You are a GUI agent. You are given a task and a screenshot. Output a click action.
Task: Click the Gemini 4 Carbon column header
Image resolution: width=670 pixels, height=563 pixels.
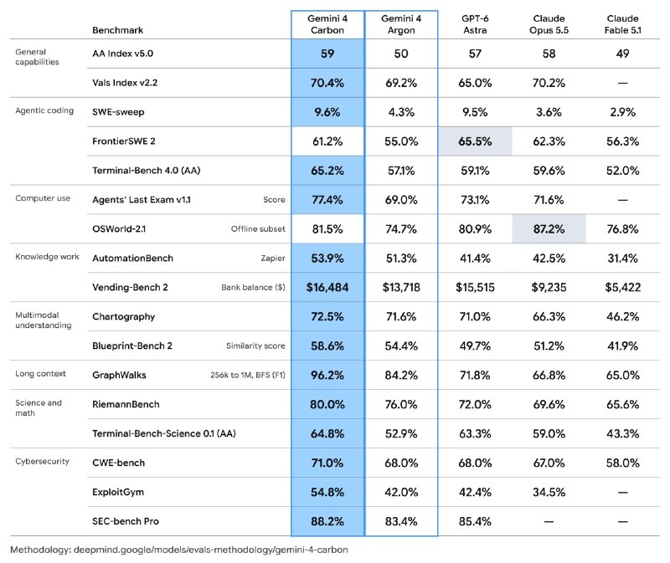(x=327, y=24)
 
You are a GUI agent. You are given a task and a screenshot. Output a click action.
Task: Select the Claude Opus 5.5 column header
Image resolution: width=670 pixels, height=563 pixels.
(x=549, y=24)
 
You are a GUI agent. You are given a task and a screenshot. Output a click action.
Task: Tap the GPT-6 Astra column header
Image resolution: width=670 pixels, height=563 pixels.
(x=475, y=24)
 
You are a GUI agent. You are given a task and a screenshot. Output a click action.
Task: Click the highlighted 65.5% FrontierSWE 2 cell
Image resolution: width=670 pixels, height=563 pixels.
(x=475, y=141)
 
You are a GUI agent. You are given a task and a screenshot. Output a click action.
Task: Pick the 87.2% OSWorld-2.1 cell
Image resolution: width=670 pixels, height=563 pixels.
(x=549, y=229)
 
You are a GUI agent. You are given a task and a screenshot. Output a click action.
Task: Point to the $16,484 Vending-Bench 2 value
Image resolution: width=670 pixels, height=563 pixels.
(x=327, y=287)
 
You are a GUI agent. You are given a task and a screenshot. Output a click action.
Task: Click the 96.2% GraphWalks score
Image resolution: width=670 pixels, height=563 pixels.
(x=327, y=375)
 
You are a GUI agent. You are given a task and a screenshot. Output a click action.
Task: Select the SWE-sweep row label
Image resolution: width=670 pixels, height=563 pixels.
(x=118, y=112)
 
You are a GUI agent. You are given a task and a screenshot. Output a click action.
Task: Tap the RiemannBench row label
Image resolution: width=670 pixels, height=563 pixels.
(x=126, y=404)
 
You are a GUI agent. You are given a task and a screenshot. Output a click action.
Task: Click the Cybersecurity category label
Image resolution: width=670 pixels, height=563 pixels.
(x=42, y=462)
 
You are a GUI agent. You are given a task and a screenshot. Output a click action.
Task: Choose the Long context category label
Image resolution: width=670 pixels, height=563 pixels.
(x=40, y=374)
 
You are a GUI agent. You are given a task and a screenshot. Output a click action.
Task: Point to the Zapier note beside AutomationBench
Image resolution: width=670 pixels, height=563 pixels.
(x=273, y=258)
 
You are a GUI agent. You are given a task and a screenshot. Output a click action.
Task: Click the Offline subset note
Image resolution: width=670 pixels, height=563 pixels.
(x=258, y=228)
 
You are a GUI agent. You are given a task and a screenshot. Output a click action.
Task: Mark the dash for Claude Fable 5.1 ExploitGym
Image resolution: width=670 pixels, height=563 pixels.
(x=622, y=492)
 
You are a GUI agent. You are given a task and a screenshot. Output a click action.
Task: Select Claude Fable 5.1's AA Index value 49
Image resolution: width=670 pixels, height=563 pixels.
(x=622, y=54)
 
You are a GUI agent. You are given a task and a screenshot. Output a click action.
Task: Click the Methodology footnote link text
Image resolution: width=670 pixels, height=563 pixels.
(x=179, y=550)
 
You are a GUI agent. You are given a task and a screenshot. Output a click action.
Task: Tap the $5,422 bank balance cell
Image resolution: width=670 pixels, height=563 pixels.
(x=622, y=287)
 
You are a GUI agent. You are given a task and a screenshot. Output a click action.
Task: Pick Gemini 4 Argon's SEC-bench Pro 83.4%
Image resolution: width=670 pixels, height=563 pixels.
(x=401, y=521)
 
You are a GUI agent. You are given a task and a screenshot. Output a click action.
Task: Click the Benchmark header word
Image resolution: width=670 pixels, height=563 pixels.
(x=117, y=30)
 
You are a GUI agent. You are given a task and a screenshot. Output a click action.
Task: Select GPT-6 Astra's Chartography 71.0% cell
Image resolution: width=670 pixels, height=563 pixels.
(x=475, y=317)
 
